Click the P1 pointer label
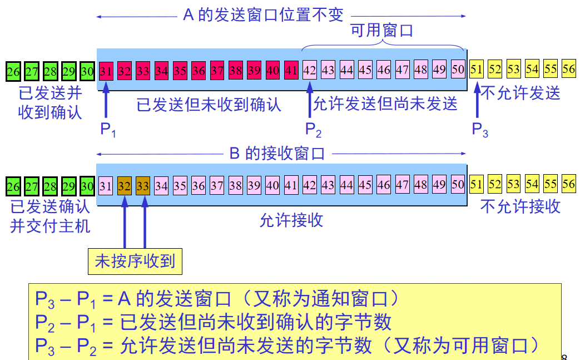(x=108, y=130)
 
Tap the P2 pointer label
(x=313, y=130)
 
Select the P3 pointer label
(x=480, y=130)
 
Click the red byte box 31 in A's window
(x=106, y=71)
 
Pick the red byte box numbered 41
(x=291, y=71)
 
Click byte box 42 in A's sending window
(x=310, y=71)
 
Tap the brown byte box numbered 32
(x=125, y=185)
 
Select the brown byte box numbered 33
(x=143, y=185)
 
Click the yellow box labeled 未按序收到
(x=135, y=261)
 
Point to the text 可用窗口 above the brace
(x=382, y=31)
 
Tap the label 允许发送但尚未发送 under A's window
(x=385, y=104)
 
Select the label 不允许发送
(x=520, y=93)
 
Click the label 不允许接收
(x=520, y=207)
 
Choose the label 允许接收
(x=291, y=220)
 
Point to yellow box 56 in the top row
(x=568, y=69)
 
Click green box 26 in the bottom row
(x=13, y=185)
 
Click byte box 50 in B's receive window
(x=458, y=185)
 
